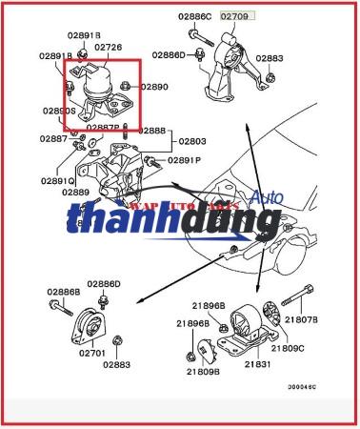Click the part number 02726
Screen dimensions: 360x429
coord(108,47)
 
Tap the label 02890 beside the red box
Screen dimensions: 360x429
coord(154,87)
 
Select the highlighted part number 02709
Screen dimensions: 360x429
coord(235,17)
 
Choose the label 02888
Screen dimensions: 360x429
coord(152,130)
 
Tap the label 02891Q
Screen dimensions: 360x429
coord(58,180)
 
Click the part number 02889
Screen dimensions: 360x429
coord(77,193)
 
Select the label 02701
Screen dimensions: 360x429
coord(91,353)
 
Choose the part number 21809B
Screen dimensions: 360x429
coord(202,372)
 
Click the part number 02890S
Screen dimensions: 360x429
coord(60,111)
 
